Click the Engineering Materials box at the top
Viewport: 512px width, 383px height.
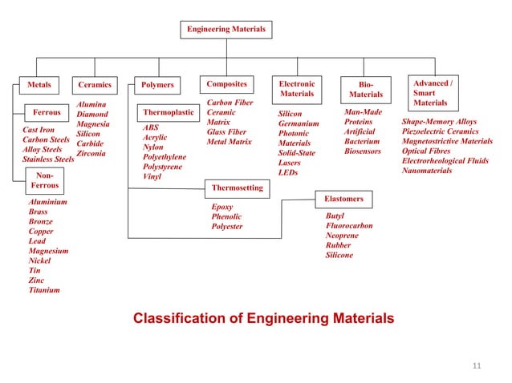pos(226,30)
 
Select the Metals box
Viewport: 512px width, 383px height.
pos(39,84)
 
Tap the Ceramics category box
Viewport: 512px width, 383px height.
pos(95,84)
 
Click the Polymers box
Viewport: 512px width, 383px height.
pos(156,84)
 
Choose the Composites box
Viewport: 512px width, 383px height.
pos(226,83)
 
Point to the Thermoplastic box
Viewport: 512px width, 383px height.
pos(169,113)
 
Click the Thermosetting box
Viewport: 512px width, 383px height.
pos(236,187)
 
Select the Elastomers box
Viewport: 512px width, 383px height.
pos(344,198)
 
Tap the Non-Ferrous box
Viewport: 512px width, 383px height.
pos(44,179)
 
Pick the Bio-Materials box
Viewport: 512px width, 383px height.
pos(367,88)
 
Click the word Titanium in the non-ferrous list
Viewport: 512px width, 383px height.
pos(44,290)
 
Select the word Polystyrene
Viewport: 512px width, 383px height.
pos(161,167)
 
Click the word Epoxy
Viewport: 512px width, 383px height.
pos(222,207)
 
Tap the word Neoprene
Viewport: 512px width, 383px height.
pos(342,236)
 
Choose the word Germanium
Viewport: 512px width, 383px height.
pos(299,123)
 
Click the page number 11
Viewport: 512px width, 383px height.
pos(477,366)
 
